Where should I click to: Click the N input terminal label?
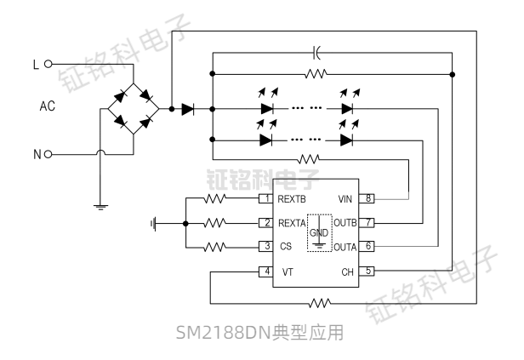[x=36, y=154]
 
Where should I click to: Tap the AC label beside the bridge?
[x=48, y=108]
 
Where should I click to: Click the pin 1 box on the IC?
[x=266, y=198]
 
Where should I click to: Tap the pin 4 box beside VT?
[x=266, y=271]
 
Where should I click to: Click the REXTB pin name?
[x=293, y=198]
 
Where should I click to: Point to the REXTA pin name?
[x=293, y=223]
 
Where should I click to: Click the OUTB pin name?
[x=345, y=223]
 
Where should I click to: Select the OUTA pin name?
[x=345, y=247]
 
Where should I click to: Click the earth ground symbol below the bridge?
[x=100, y=204]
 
